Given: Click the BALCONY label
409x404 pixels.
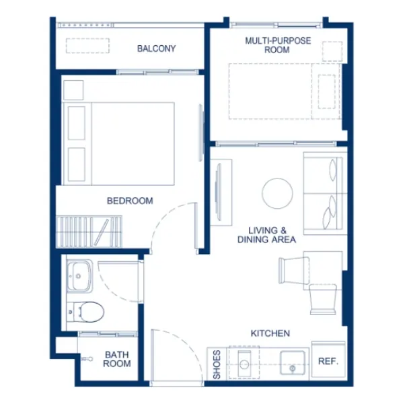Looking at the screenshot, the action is [x=157, y=48].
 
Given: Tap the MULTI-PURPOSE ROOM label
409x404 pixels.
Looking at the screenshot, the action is [x=278, y=45].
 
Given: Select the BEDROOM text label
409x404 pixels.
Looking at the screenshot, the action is [x=130, y=201].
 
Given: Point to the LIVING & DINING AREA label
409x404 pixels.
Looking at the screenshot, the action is [x=266, y=235].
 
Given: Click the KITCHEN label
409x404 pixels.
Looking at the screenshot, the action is [x=270, y=333].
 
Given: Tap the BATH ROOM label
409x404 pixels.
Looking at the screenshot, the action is [x=117, y=359].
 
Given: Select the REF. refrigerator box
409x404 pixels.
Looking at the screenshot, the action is [x=328, y=360].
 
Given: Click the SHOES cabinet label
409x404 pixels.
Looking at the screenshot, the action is [x=217, y=364].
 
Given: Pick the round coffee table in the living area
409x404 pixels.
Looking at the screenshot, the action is [x=277, y=193].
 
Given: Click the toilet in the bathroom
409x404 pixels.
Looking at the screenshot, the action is [x=85, y=312].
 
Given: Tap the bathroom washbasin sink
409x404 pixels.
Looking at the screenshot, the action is [x=79, y=276].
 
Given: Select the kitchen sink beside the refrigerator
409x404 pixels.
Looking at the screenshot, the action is [x=293, y=363].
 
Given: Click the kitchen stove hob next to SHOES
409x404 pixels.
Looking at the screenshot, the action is [x=244, y=362].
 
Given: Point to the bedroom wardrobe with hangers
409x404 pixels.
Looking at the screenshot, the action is [x=89, y=232].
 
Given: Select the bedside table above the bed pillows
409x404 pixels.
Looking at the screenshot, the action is [x=73, y=90].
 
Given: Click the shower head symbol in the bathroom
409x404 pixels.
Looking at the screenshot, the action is [x=87, y=359].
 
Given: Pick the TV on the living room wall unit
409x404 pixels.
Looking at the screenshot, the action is [x=218, y=192].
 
